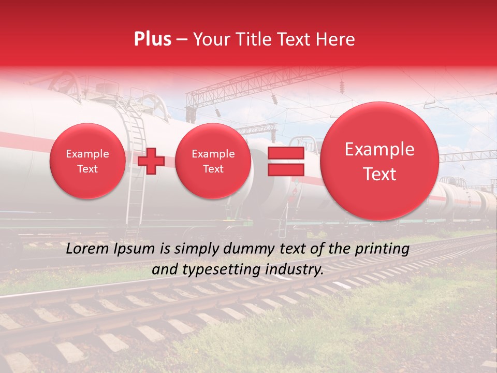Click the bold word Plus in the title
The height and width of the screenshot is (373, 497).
152,39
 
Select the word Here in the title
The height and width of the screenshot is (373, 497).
337,39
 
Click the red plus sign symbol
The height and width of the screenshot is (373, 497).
151,161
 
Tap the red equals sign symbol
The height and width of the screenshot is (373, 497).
285,161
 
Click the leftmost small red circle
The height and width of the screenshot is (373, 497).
87,161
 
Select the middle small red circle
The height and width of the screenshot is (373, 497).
213,161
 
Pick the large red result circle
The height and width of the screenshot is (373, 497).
379,161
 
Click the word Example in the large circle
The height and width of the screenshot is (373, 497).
379,149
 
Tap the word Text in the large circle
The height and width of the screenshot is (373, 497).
379,175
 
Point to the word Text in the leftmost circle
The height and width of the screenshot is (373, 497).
87,169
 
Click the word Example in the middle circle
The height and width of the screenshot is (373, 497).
213,154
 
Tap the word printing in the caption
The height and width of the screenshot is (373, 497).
382,249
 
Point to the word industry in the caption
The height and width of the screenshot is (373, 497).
294,269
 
